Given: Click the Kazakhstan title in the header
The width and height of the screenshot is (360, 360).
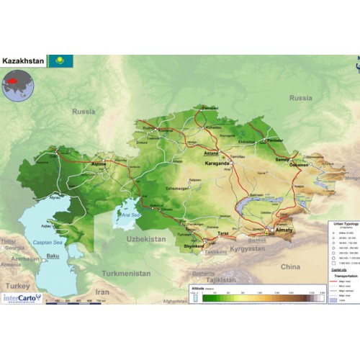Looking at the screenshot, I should click(24, 61).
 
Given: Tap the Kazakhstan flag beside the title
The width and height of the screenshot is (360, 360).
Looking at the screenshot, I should click(60, 61).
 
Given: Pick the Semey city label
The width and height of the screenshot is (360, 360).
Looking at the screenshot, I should click(282, 159).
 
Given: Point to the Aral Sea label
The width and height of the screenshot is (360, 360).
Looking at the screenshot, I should click(130, 215).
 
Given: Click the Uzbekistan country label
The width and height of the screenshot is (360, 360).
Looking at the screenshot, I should click(147, 238).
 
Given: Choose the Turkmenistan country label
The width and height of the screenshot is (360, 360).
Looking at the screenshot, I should click(126, 274).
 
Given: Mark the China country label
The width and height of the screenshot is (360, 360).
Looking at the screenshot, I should click(290, 266).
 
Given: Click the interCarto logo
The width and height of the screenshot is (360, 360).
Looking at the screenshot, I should click(22, 296).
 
